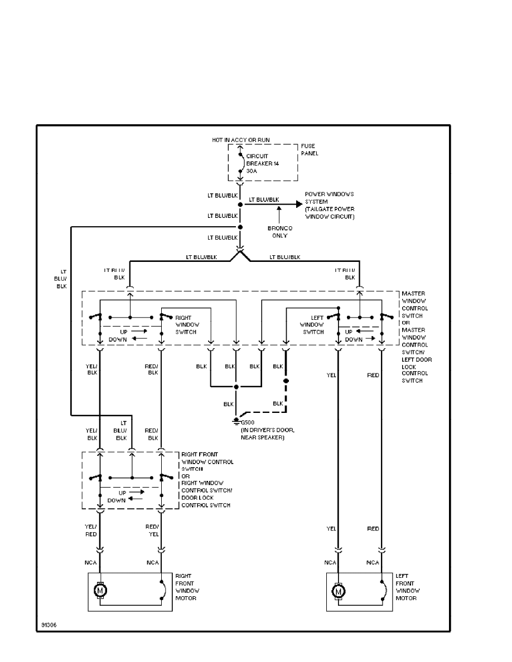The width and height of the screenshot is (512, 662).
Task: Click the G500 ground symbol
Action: point(236,420)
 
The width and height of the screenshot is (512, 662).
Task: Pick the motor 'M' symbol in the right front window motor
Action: point(100,590)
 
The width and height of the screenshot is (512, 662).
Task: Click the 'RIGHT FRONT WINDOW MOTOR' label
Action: point(187,587)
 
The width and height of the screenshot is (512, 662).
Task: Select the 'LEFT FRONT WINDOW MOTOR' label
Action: point(407,587)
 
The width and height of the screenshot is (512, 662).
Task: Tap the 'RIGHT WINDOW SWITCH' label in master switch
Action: point(187,324)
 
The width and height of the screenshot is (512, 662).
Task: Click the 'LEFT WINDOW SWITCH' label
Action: point(313,324)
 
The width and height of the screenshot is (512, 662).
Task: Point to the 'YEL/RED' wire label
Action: point(91,530)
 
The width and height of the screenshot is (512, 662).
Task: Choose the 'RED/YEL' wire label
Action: point(152,530)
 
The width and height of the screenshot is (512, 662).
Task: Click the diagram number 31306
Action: point(49,625)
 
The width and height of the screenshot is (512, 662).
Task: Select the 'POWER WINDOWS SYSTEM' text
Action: point(329,205)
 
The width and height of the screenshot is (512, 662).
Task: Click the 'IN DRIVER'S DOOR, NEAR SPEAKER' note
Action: point(263,434)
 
